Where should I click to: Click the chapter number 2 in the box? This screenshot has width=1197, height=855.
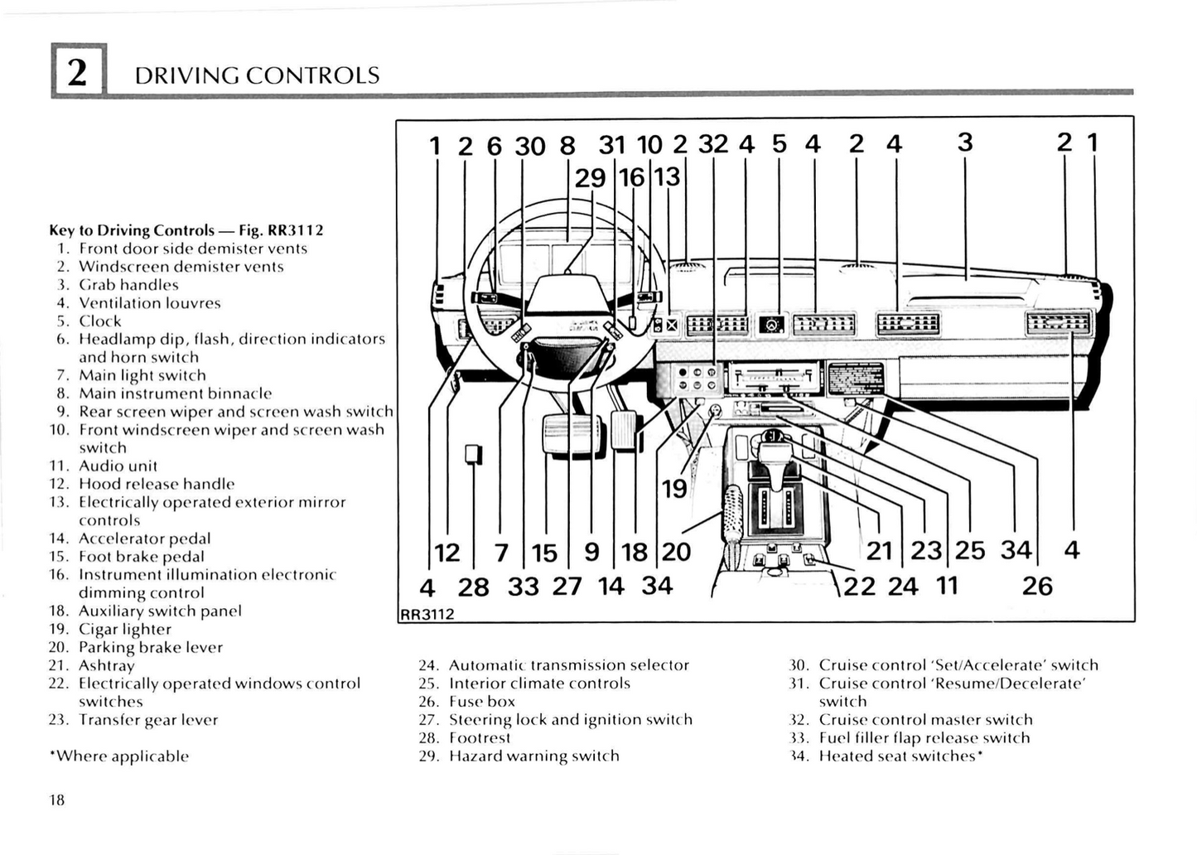(77, 73)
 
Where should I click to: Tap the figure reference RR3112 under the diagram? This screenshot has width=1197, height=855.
(427, 614)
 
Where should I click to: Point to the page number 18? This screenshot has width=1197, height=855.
(56, 799)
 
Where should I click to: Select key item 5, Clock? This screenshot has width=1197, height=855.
(99, 321)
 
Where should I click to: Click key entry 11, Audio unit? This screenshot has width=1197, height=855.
(117, 466)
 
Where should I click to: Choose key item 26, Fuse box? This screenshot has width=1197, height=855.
(481, 702)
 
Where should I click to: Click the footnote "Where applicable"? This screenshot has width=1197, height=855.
(119, 756)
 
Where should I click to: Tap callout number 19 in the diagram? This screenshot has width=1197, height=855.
(674, 489)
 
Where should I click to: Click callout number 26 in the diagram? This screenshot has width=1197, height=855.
(1036, 587)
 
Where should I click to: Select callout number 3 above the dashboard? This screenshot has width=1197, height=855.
(965, 142)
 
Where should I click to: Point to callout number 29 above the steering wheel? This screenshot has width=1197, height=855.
(590, 177)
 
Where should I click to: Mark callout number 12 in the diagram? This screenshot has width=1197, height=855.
(447, 552)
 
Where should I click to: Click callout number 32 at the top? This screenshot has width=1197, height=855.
(713, 144)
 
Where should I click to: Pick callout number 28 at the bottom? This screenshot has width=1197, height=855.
(473, 587)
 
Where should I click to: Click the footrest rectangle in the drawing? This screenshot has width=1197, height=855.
(474, 455)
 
